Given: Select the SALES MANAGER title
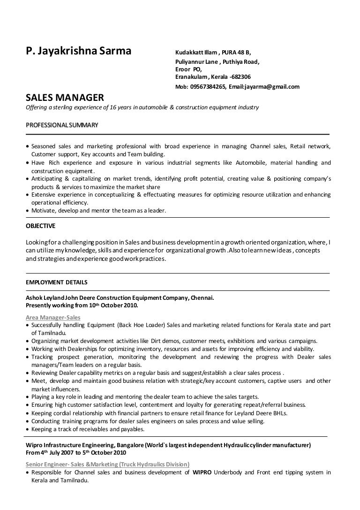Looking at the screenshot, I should [x=64, y=98].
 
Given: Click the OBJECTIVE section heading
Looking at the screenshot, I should [x=40, y=226].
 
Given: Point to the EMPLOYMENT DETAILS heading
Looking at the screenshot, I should [x=56, y=282].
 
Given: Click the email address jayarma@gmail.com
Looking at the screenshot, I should [x=271, y=87].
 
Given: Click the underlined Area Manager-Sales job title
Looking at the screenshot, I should [x=52, y=318].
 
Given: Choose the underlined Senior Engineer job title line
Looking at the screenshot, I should [x=107, y=464].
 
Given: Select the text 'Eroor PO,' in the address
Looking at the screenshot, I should [x=188, y=69].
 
